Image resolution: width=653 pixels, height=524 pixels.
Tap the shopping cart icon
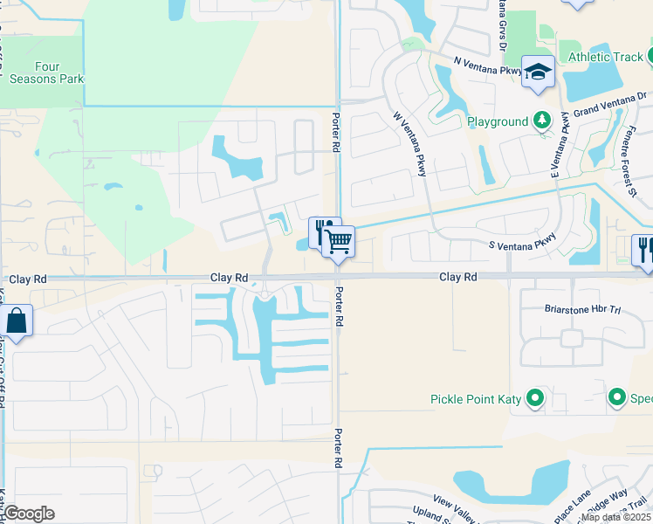[x=338, y=241]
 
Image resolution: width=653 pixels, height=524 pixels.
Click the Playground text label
[x=498, y=121]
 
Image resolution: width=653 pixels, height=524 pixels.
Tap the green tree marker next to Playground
[x=542, y=121]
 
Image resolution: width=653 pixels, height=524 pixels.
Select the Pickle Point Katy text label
[x=476, y=400]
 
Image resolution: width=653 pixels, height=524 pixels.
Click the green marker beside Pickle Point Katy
[x=534, y=400]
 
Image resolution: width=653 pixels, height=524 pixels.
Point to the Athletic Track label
[x=605, y=58]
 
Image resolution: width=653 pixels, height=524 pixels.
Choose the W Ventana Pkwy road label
[x=409, y=143]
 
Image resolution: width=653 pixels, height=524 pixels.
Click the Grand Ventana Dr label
[x=608, y=105]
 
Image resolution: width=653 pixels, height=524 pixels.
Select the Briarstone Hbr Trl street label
[x=569, y=307]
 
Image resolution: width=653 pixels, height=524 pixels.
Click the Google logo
[x=29, y=513]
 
